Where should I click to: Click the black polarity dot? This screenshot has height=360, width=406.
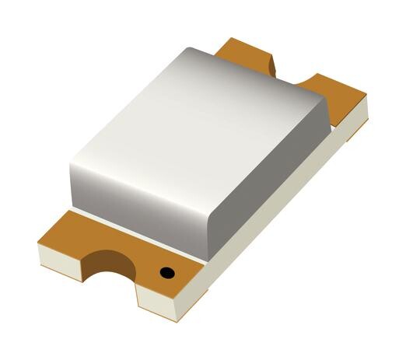166,272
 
